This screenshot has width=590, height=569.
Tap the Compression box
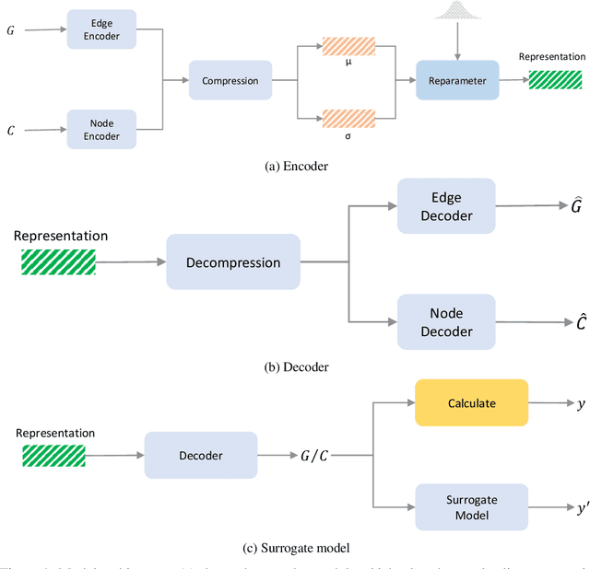230,80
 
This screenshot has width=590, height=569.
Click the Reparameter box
457,80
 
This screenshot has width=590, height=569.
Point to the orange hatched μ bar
348,45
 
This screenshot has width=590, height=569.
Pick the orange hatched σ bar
348,117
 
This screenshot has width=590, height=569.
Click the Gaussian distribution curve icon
456,12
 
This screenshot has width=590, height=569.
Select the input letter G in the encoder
11,29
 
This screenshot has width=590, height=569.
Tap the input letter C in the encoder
11,131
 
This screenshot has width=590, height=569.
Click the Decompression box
233,262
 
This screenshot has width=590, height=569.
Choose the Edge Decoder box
446,207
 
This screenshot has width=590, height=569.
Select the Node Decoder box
446,322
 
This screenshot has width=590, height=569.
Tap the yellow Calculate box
471,402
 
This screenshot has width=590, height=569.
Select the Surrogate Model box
471,507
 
